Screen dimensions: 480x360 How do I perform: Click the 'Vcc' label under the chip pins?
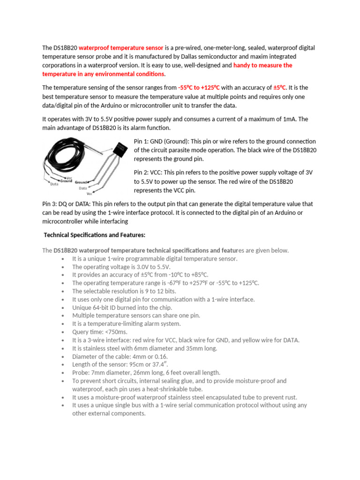coord(90,193)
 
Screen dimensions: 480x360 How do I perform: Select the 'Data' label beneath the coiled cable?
coord(54,184)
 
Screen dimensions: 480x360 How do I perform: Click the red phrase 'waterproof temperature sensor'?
coord(121,48)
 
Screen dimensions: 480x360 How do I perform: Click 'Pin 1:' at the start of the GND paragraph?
coord(142,141)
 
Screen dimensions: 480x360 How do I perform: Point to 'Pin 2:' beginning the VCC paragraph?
coord(142,172)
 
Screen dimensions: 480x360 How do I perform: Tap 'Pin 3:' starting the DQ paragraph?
coord(50,204)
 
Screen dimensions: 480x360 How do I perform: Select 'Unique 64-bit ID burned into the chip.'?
coord(122,307)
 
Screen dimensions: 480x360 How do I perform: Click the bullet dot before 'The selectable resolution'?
coord(63,292)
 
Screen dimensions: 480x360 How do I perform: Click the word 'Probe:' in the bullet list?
coord(81,372)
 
